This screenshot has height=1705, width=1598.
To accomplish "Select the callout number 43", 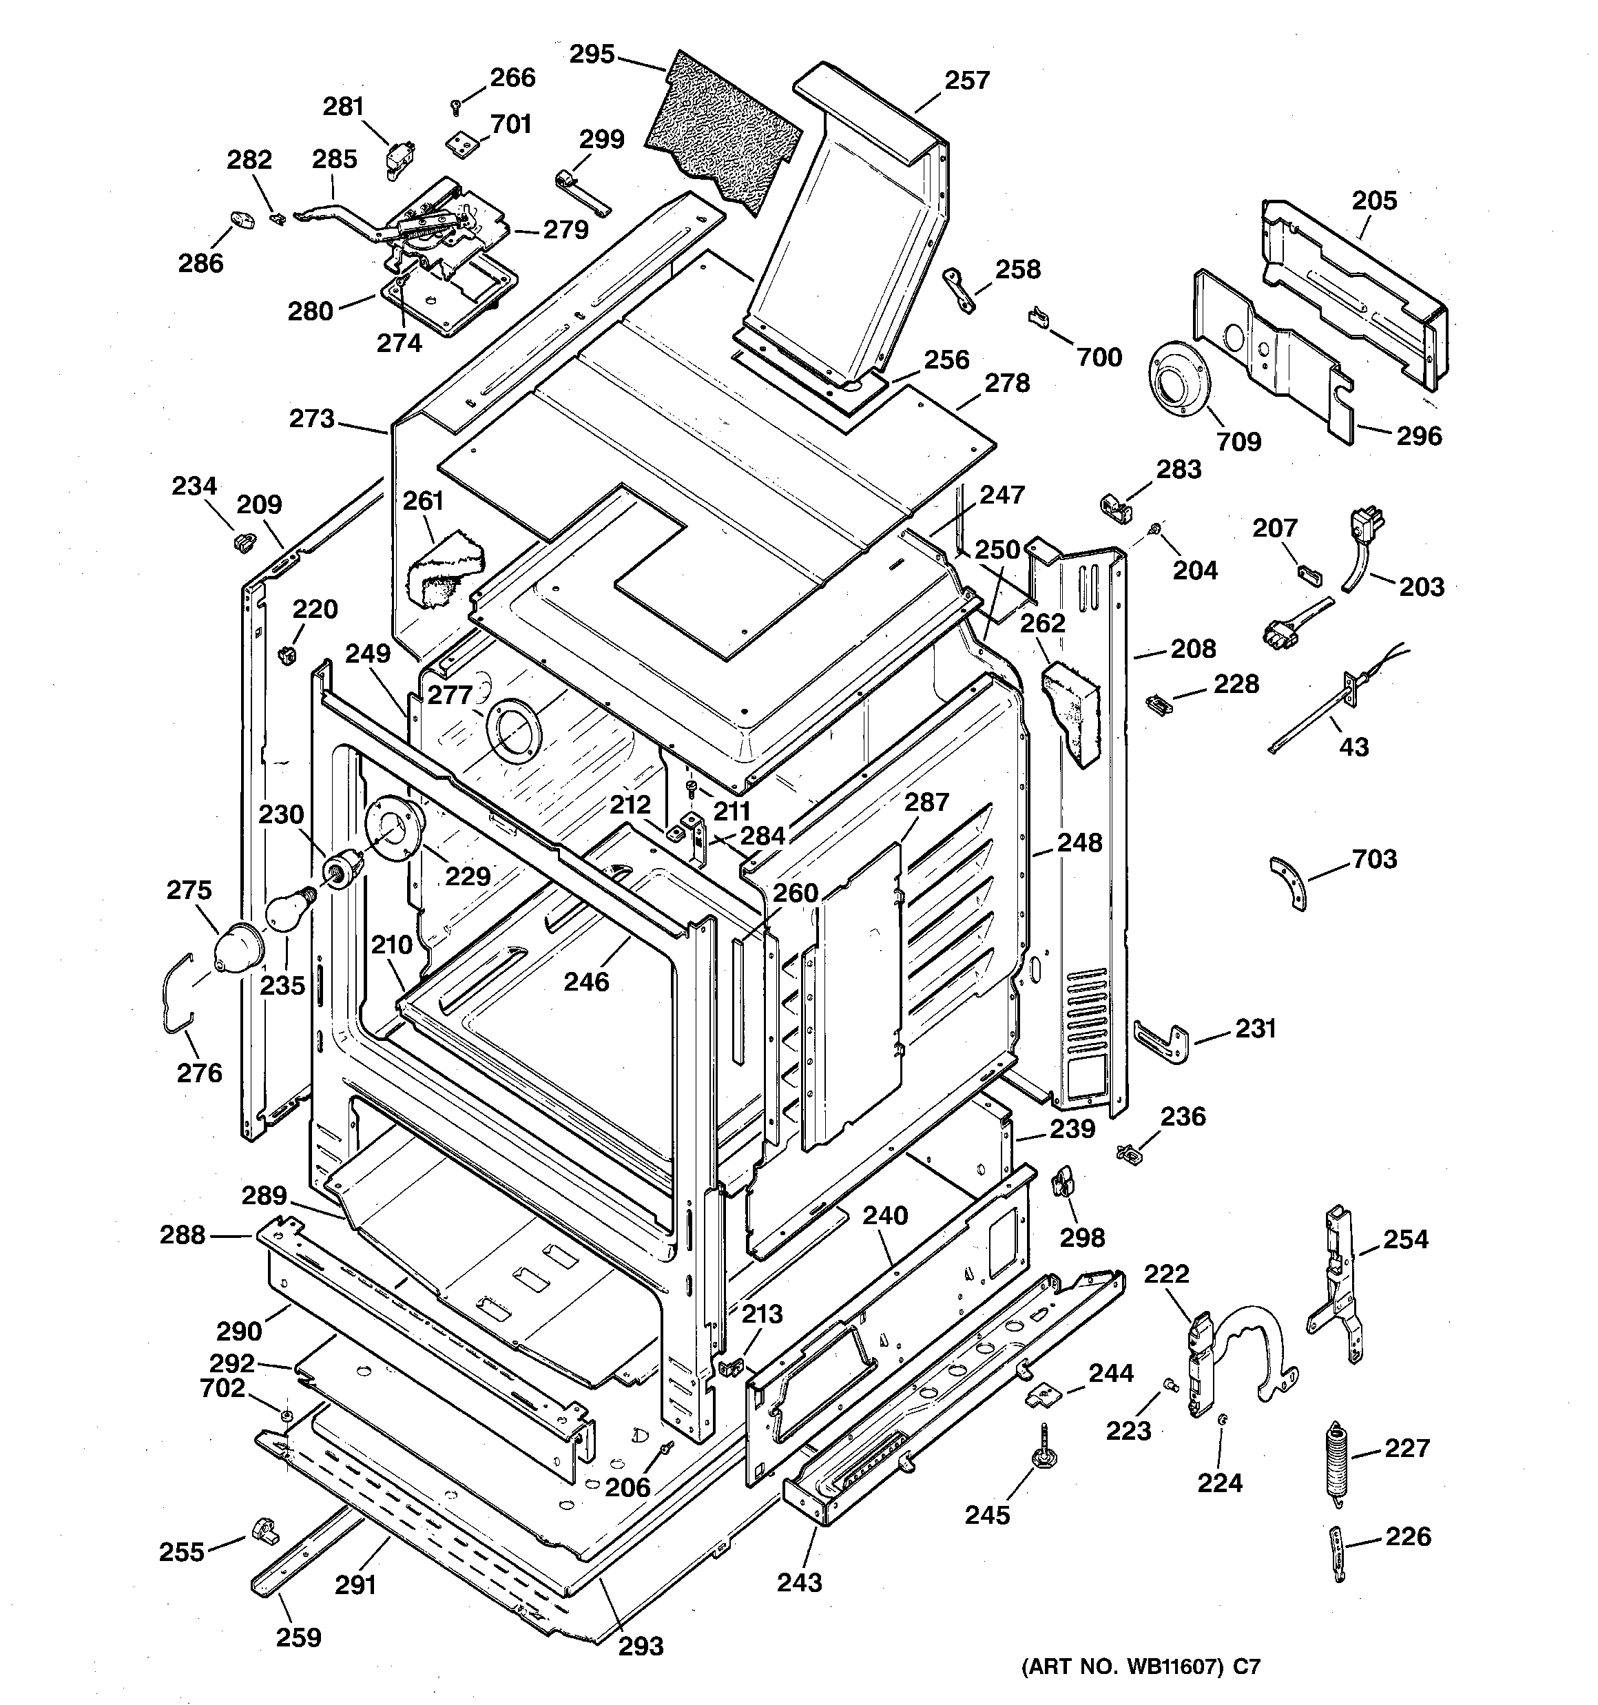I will click(1353, 747).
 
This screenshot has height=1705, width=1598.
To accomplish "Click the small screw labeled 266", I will click(455, 105).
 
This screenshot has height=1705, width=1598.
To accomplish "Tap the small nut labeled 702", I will click(287, 1414).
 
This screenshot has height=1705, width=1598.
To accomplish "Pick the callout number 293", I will click(641, 1646).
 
